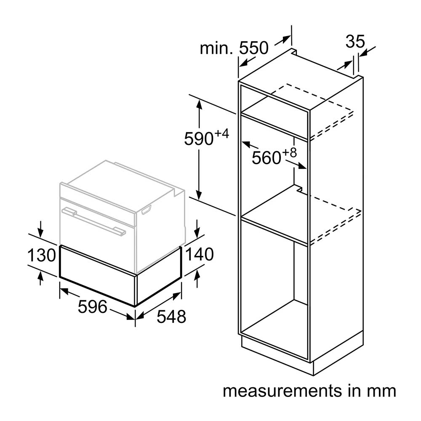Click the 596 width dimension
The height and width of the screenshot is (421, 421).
92,306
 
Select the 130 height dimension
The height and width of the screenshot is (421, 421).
42,255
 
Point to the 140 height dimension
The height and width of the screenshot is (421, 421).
200,254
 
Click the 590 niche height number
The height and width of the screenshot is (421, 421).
199,139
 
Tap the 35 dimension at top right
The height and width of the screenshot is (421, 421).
355,41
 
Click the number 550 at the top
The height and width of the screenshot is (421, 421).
254,48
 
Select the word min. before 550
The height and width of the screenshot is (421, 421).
216,48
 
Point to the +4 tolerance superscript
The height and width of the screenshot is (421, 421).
221,133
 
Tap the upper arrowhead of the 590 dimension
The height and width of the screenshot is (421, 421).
199,104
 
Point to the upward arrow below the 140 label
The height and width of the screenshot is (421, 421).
197,278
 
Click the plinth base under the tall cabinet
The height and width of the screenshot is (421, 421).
304,355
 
